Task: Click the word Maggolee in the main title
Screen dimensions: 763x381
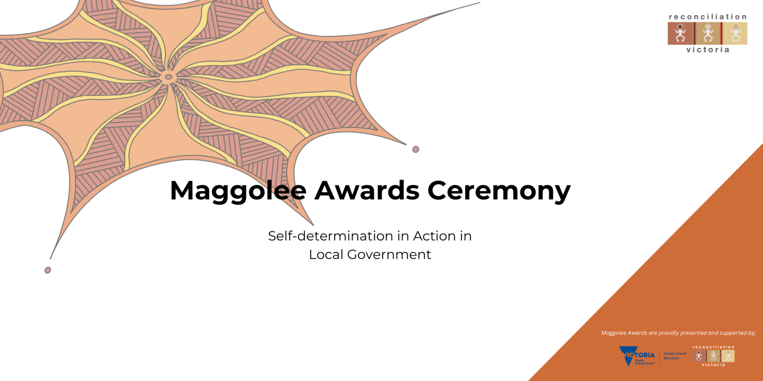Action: point(238,191)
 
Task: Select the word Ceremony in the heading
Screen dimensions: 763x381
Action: point(499,191)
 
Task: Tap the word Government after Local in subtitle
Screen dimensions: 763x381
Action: point(389,254)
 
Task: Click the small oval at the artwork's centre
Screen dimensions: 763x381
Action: point(168,77)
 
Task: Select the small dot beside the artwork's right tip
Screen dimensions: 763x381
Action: point(416,149)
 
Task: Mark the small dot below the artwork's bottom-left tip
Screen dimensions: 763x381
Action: point(48,270)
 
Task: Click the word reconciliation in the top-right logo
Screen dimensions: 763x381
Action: point(707,17)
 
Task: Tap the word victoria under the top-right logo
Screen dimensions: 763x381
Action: point(708,50)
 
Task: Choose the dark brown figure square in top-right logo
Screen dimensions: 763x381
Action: point(681,33)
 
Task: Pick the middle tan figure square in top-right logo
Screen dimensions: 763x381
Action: point(708,33)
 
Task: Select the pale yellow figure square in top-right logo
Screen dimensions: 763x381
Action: point(735,33)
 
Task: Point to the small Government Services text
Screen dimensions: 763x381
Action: point(675,356)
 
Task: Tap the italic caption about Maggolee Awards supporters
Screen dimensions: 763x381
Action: point(678,333)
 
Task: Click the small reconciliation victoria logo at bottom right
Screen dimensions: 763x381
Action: point(713,356)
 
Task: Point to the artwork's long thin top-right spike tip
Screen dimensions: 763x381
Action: point(480,3)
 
